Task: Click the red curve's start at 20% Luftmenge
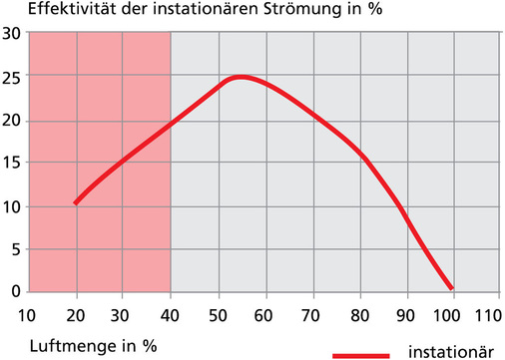[x=76, y=202]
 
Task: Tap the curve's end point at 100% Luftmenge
[x=451, y=287]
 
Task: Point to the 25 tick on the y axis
[x=11, y=76]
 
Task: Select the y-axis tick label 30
[x=11, y=33]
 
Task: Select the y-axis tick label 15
[x=11, y=163]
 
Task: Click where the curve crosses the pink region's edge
[x=171, y=124]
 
